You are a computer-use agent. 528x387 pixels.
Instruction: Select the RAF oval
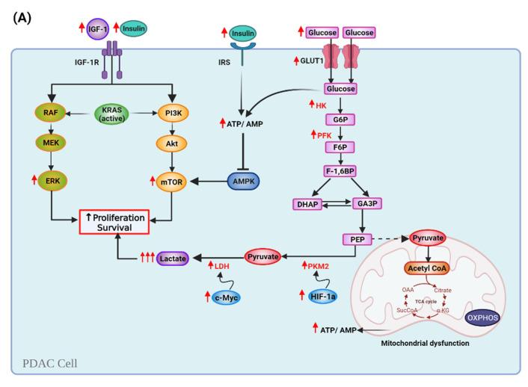pyautogui.click(x=51, y=117)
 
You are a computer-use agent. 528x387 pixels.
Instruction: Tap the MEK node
pyautogui.click(x=51, y=149)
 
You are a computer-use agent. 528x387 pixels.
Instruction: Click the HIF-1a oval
pyautogui.click(x=326, y=297)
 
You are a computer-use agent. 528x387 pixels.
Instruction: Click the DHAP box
pyautogui.click(x=314, y=204)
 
